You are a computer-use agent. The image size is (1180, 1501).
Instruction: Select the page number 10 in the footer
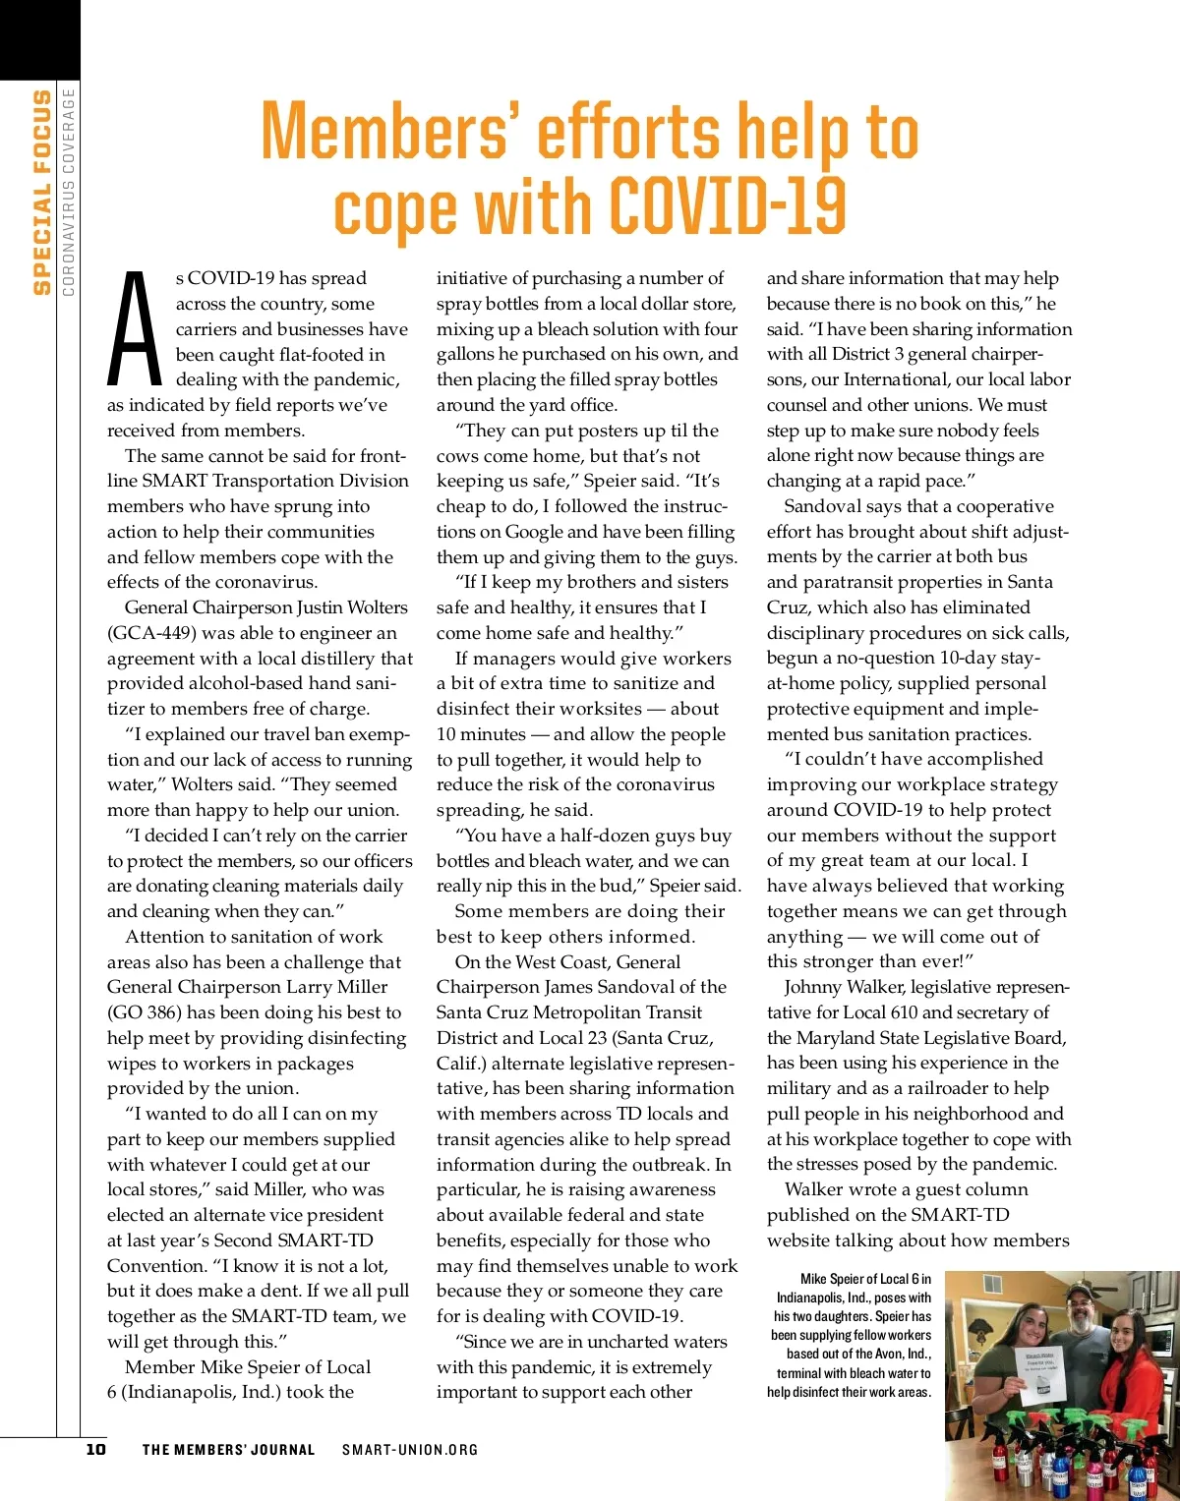click(95, 1449)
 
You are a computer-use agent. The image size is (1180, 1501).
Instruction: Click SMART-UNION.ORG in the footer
click(410, 1450)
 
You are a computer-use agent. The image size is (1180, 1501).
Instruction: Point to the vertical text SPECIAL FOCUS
click(41, 192)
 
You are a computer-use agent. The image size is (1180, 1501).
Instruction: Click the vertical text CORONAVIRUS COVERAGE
click(69, 192)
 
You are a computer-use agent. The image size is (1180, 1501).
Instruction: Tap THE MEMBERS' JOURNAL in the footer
click(228, 1450)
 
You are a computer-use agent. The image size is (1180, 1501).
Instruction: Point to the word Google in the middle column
click(534, 532)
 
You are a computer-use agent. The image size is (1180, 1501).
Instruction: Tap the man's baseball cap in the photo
click(1081, 1291)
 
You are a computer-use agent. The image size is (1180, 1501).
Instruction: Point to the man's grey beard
click(1082, 1322)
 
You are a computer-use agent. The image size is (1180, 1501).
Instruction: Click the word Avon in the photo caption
click(890, 1354)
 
